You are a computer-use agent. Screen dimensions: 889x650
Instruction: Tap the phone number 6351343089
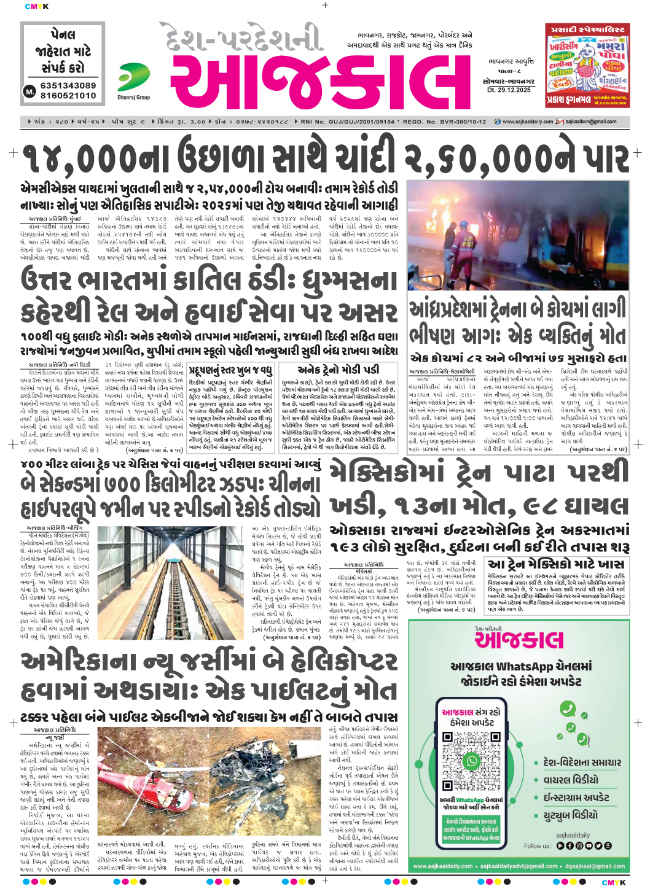68,85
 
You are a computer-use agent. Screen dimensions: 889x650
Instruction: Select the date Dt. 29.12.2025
508,90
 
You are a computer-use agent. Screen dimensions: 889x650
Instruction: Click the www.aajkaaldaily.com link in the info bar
527,122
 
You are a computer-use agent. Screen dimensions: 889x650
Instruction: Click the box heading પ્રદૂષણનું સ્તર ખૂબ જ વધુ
230,371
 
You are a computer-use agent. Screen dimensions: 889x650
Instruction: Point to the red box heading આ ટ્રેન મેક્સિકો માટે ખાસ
556,564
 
